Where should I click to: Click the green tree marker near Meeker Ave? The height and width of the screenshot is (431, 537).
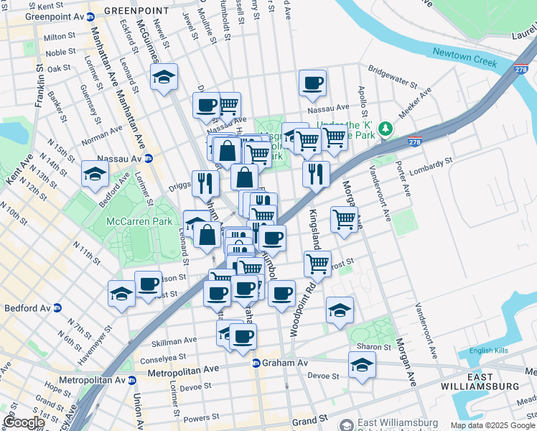(x=386, y=128)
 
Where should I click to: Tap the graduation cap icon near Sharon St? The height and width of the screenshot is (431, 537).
(x=361, y=365)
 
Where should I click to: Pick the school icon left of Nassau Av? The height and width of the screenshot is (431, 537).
(x=95, y=173)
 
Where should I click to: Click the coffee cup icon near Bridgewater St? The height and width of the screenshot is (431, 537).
(x=312, y=83)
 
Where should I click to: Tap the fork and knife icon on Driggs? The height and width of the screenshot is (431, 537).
(x=205, y=183)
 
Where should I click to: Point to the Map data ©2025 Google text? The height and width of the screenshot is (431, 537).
(x=492, y=425)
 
